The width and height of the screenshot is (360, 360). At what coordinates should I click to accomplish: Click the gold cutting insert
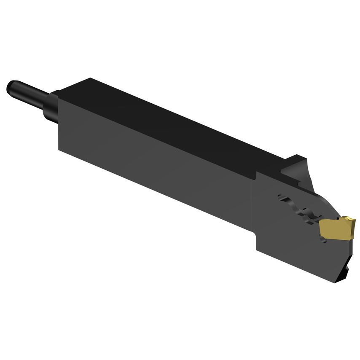(x=335, y=228)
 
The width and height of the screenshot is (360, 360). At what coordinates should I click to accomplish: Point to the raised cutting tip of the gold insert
(x=348, y=220)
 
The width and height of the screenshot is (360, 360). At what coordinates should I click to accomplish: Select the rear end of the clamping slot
(x=281, y=196)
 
